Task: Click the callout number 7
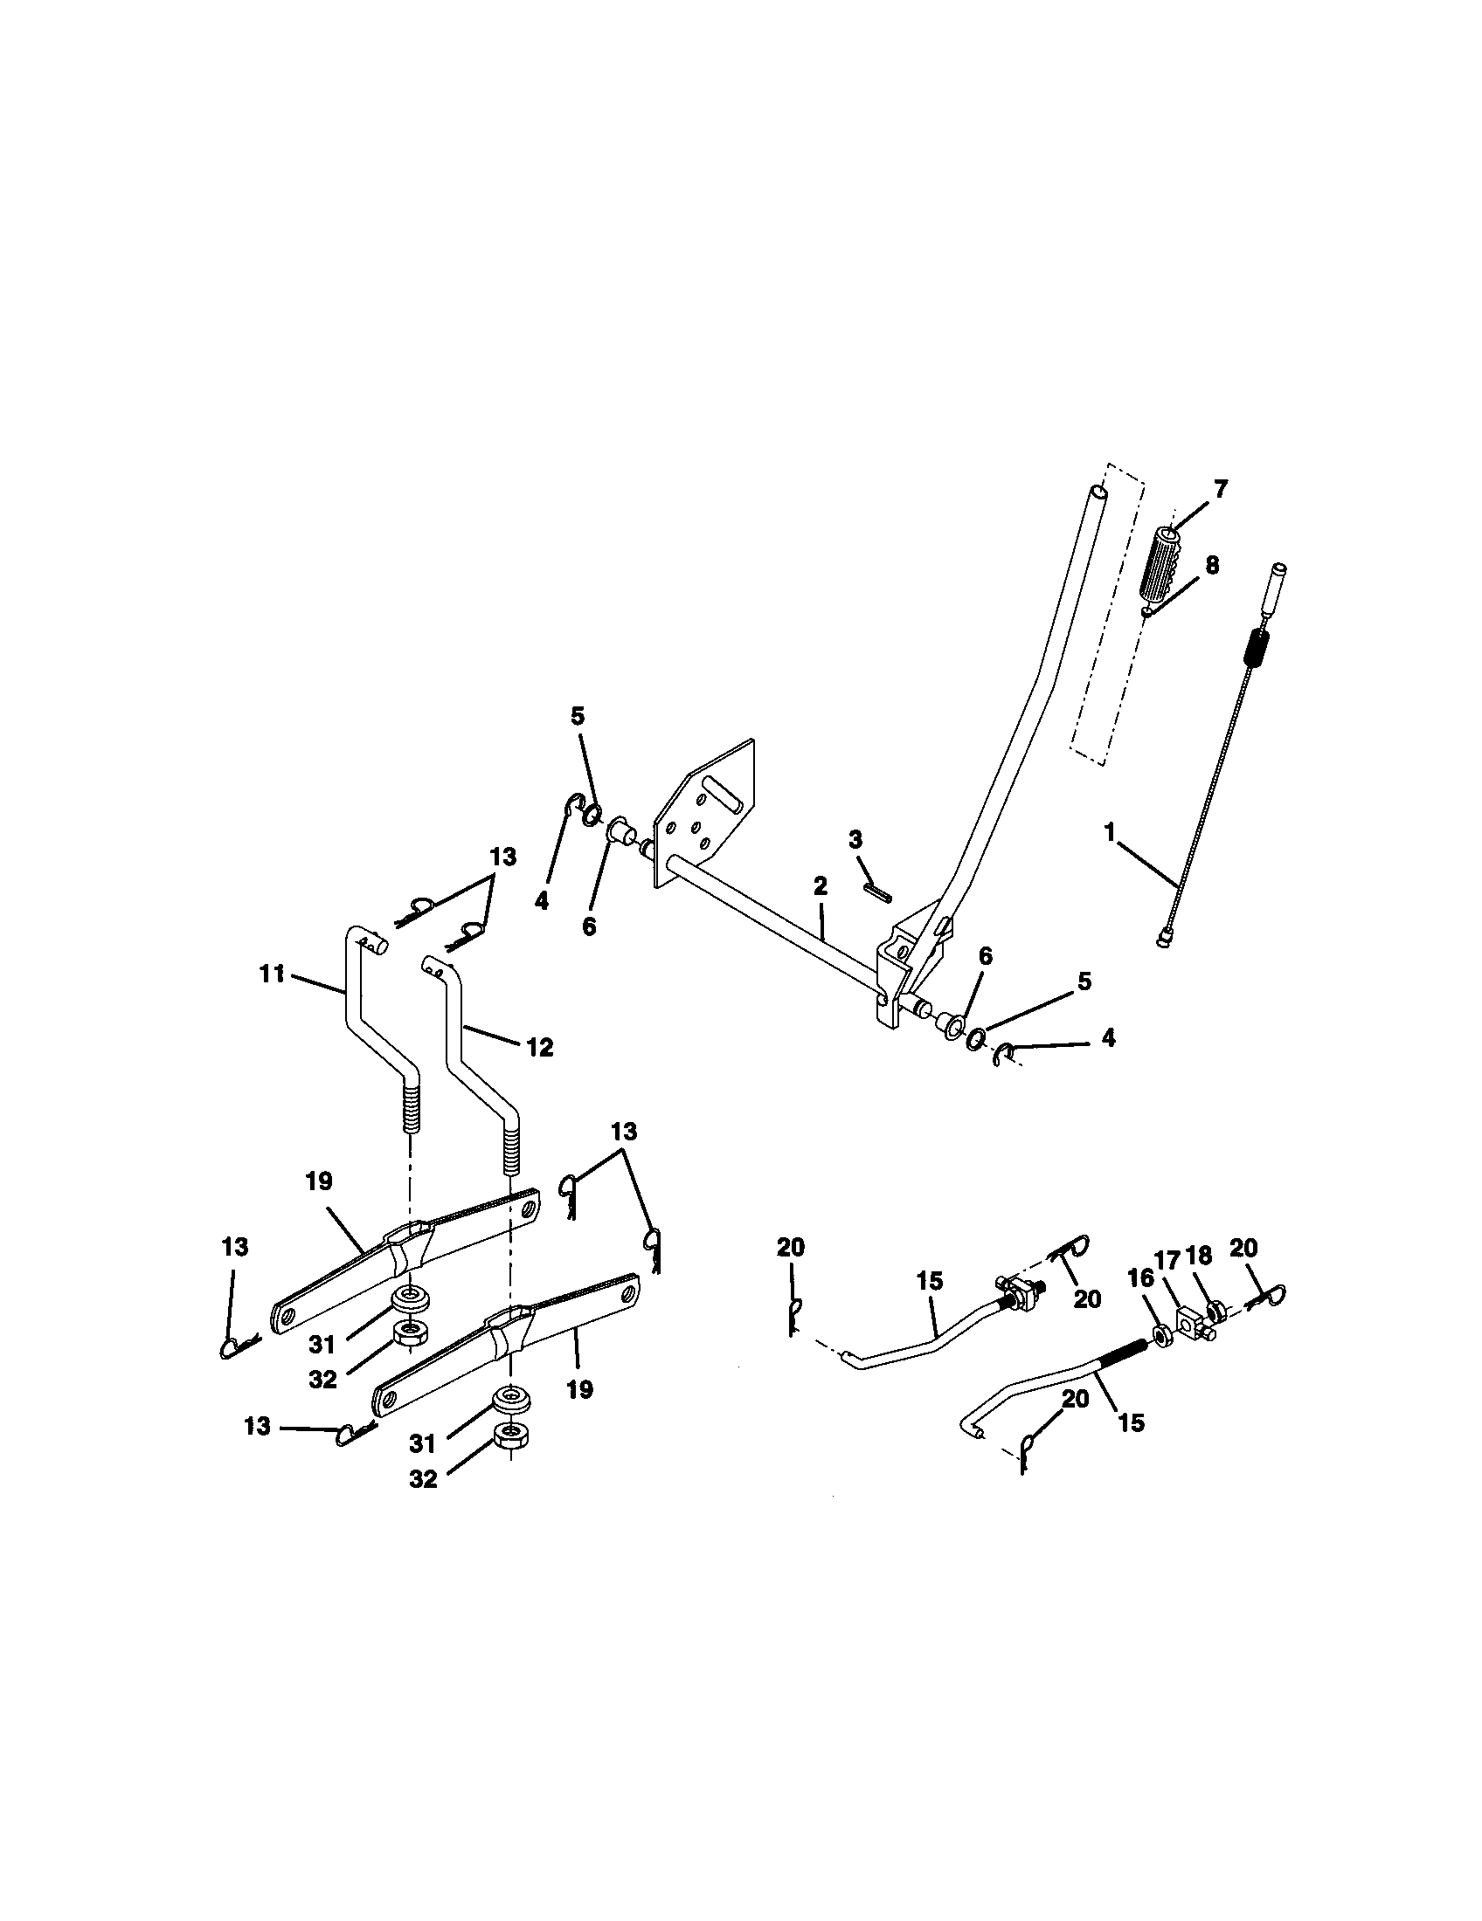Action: click(x=1220, y=490)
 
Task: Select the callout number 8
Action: click(x=1212, y=566)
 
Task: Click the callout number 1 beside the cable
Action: click(x=1110, y=830)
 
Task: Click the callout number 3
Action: click(x=855, y=839)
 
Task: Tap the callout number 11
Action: click(x=273, y=974)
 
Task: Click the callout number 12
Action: click(x=539, y=1047)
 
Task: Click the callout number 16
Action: click(x=1140, y=1278)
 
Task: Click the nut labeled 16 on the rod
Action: click(x=1163, y=1336)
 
